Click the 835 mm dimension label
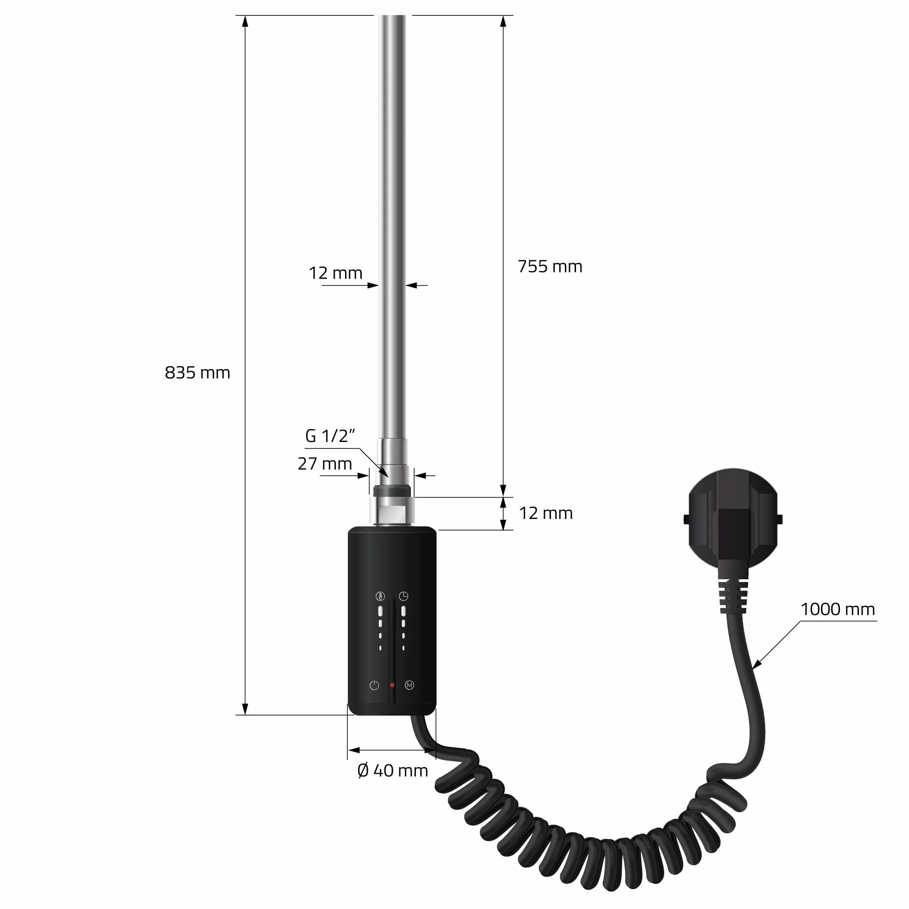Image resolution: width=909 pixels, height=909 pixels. [197, 372]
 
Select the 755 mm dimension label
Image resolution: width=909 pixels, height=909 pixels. [550, 267]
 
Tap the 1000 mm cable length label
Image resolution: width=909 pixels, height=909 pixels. [838, 609]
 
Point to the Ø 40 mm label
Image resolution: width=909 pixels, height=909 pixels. [393, 771]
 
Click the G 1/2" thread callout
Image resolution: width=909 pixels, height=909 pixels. [330, 436]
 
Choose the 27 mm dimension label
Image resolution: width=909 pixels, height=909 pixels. [325, 464]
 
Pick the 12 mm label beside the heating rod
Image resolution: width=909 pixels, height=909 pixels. [335, 273]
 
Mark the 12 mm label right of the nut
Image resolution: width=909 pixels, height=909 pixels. [546, 513]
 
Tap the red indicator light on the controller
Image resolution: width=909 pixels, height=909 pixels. [392, 685]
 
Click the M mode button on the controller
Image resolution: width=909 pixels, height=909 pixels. [410, 685]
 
